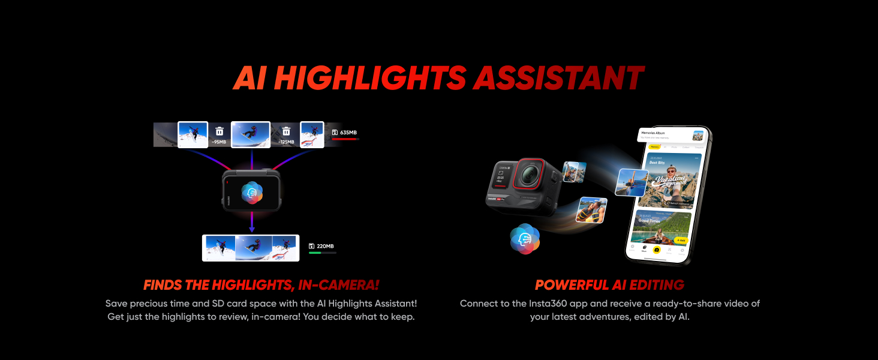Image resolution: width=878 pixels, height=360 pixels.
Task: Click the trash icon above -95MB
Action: [x=220, y=131]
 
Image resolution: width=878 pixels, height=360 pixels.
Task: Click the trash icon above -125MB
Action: [x=286, y=131]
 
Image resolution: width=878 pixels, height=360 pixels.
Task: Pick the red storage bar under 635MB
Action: [x=344, y=139]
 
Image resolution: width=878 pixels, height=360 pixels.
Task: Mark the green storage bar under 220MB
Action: [x=315, y=253]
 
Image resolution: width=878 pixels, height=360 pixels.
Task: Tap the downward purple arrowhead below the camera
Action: [x=252, y=229]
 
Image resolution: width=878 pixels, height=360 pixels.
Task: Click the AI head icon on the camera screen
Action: [x=252, y=192]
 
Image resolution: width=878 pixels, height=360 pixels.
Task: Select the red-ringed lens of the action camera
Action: [x=528, y=175]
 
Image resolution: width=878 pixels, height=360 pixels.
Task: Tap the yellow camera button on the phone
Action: [x=657, y=250]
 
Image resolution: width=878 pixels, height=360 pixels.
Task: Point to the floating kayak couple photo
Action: [x=591, y=210]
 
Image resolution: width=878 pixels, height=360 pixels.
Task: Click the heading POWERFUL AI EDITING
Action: [x=609, y=285]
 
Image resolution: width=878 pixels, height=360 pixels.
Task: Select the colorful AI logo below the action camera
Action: [x=525, y=238]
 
